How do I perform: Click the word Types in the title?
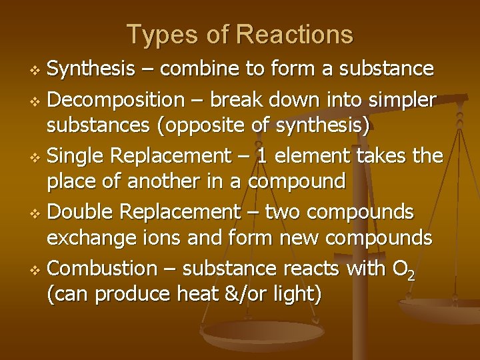(x=156, y=34)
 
